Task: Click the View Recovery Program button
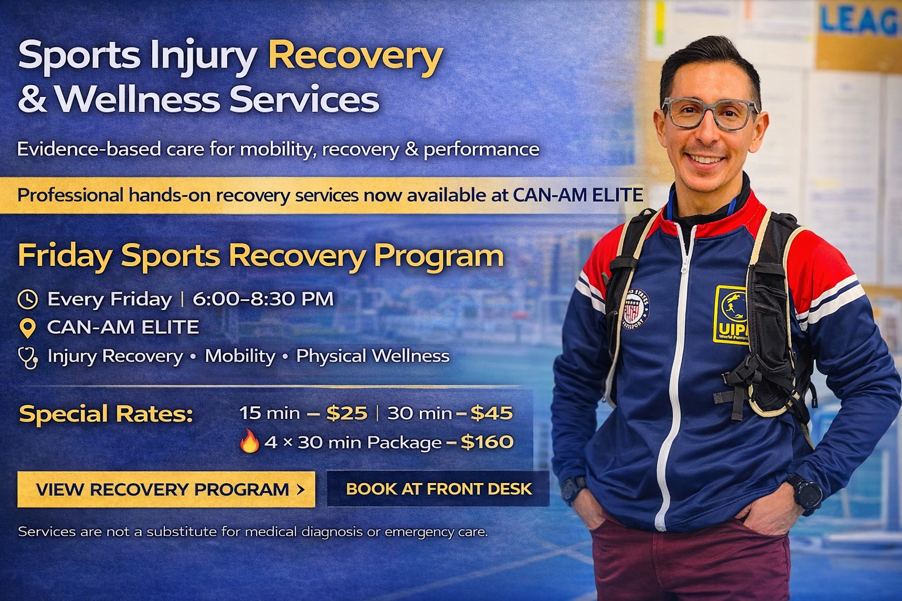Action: click(x=166, y=489)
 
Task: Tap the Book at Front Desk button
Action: click(x=439, y=489)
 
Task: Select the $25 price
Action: click(x=346, y=413)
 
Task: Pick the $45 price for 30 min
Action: click(x=492, y=413)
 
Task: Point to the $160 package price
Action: click(x=487, y=441)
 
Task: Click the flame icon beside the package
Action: click(x=249, y=441)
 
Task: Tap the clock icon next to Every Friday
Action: click(x=28, y=299)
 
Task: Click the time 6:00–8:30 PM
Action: click(x=263, y=299)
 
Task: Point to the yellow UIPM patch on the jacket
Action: click(x=731, y=315)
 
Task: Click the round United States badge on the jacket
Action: click(x=635, y=308)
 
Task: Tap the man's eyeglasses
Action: click(x=709, y=113)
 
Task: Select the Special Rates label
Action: click(x=106, y=413)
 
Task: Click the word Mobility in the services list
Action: click(x=240, y=356)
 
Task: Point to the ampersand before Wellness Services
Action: click(x=33, y=99)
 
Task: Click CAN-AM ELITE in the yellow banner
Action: click(x=578, y=195)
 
